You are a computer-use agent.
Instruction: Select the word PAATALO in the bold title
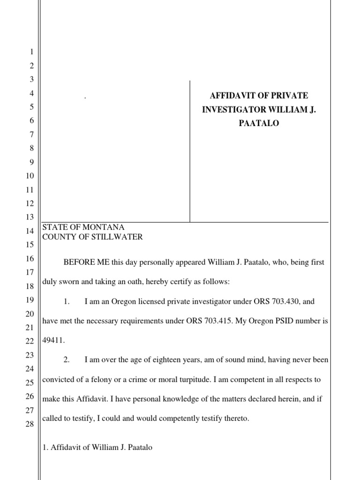(259, 124)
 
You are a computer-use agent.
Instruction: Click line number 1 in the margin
(31, 52)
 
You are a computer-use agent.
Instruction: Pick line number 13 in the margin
(30, 217)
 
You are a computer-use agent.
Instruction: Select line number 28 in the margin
(30, 424)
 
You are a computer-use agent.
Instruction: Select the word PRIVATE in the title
(290, 96)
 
